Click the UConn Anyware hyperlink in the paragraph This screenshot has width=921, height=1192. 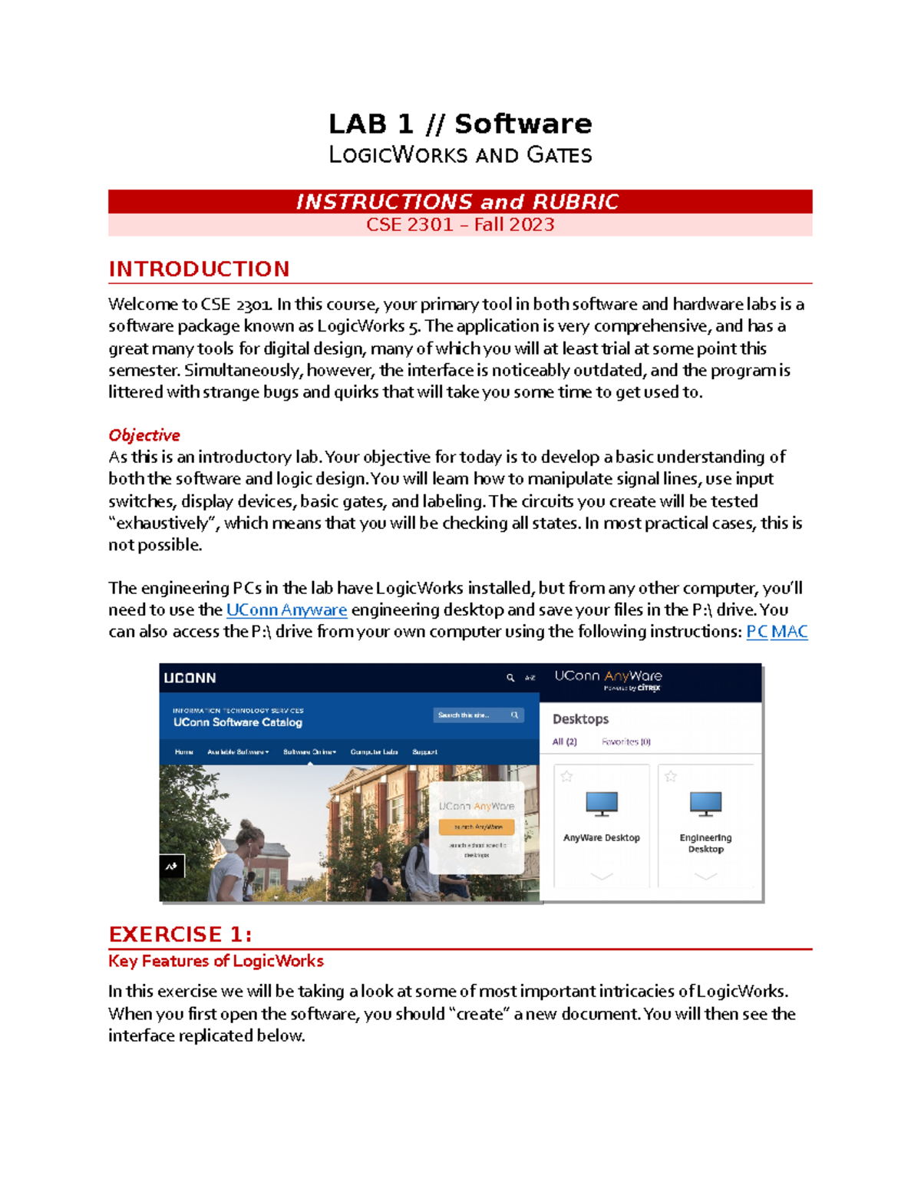tap(286, 610)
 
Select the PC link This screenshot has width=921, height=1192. tap(757, 632)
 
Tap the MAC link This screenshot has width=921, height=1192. tap(789, 632)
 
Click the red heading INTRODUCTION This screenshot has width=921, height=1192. tap(199, 269)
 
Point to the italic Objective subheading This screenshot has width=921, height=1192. tap(144, 435)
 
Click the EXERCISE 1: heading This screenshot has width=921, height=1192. tap(180, 934)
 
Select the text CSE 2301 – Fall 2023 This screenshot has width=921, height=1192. tap(460, 225)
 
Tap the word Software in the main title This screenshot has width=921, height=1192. tap(523, 124)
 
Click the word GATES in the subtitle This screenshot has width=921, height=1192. tap(559, 155)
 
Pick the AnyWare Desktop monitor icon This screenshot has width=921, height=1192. tap(602, 804)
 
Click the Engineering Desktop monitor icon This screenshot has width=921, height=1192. tap(705, 804)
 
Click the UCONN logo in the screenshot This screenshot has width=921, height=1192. tap(190, 679)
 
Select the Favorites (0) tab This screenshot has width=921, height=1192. tap(626, 742)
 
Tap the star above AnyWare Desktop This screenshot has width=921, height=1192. tap(566, 777)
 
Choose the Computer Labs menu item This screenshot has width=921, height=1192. tap(374, 752)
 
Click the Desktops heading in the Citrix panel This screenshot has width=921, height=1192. tap(580, 719)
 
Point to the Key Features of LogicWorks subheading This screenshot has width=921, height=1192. tap(216, 961)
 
